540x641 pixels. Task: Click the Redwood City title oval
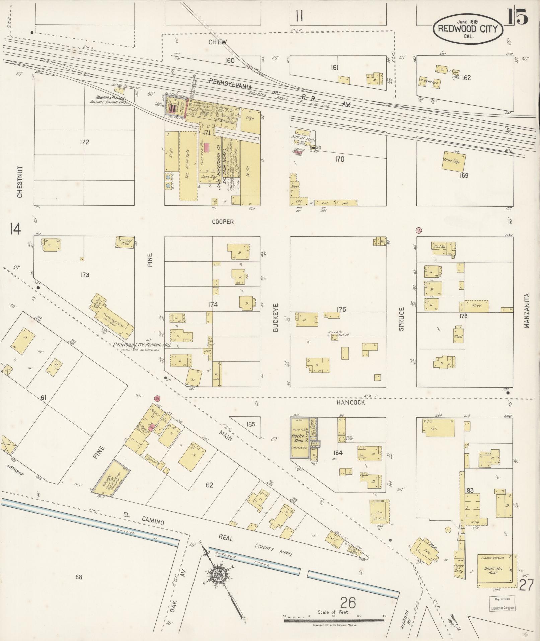468,29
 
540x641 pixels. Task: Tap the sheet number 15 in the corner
517,17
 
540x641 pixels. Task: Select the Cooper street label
223,222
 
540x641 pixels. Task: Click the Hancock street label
351,402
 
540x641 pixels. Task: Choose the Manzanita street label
527,311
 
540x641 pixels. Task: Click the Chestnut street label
19,181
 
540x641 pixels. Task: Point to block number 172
84,142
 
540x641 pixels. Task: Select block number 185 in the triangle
250,424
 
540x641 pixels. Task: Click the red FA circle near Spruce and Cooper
418,230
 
